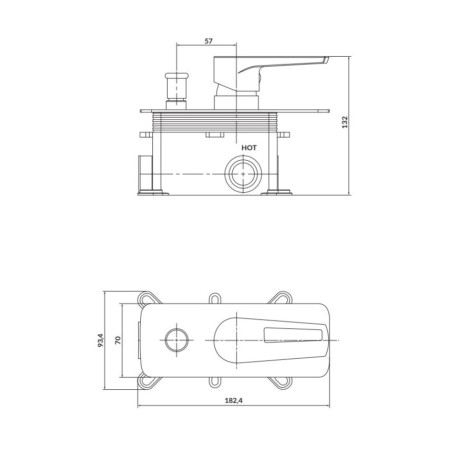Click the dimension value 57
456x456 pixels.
pyautogui.click(x=209, y=40)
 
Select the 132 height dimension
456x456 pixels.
pyautogui.click(x=345, y=122)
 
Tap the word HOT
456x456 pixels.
pyautogui.click(x=249, y=148)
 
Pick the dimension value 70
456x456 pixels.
pyautogui.click(x=118, y=340)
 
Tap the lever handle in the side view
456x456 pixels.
pyautogui.click(x=284, y=64)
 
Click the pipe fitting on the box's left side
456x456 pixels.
pyautogui.click(x=144, y=173)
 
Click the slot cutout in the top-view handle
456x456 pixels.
pyautogui.click(x=294, y=336)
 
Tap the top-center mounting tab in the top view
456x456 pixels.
pyautogui.click(x=215, y=298)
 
